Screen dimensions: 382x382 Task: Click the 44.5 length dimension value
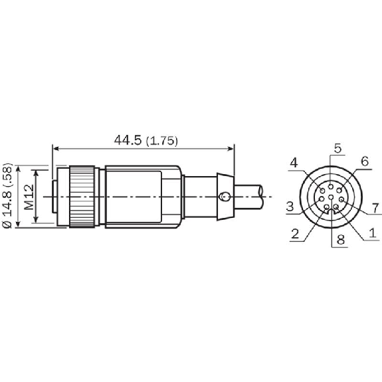pos(128,140)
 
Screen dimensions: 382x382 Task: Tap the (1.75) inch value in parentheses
pos(161,141)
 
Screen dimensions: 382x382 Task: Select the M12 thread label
pos(30,197)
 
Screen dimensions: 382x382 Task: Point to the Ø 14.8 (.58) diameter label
pos(7,195)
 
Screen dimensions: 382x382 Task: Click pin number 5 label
pos(337,148)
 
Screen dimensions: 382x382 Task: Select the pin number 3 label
pos(290,207)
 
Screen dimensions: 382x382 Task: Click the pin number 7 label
pos(376,209)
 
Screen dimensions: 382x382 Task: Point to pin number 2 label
pos(295,234)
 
